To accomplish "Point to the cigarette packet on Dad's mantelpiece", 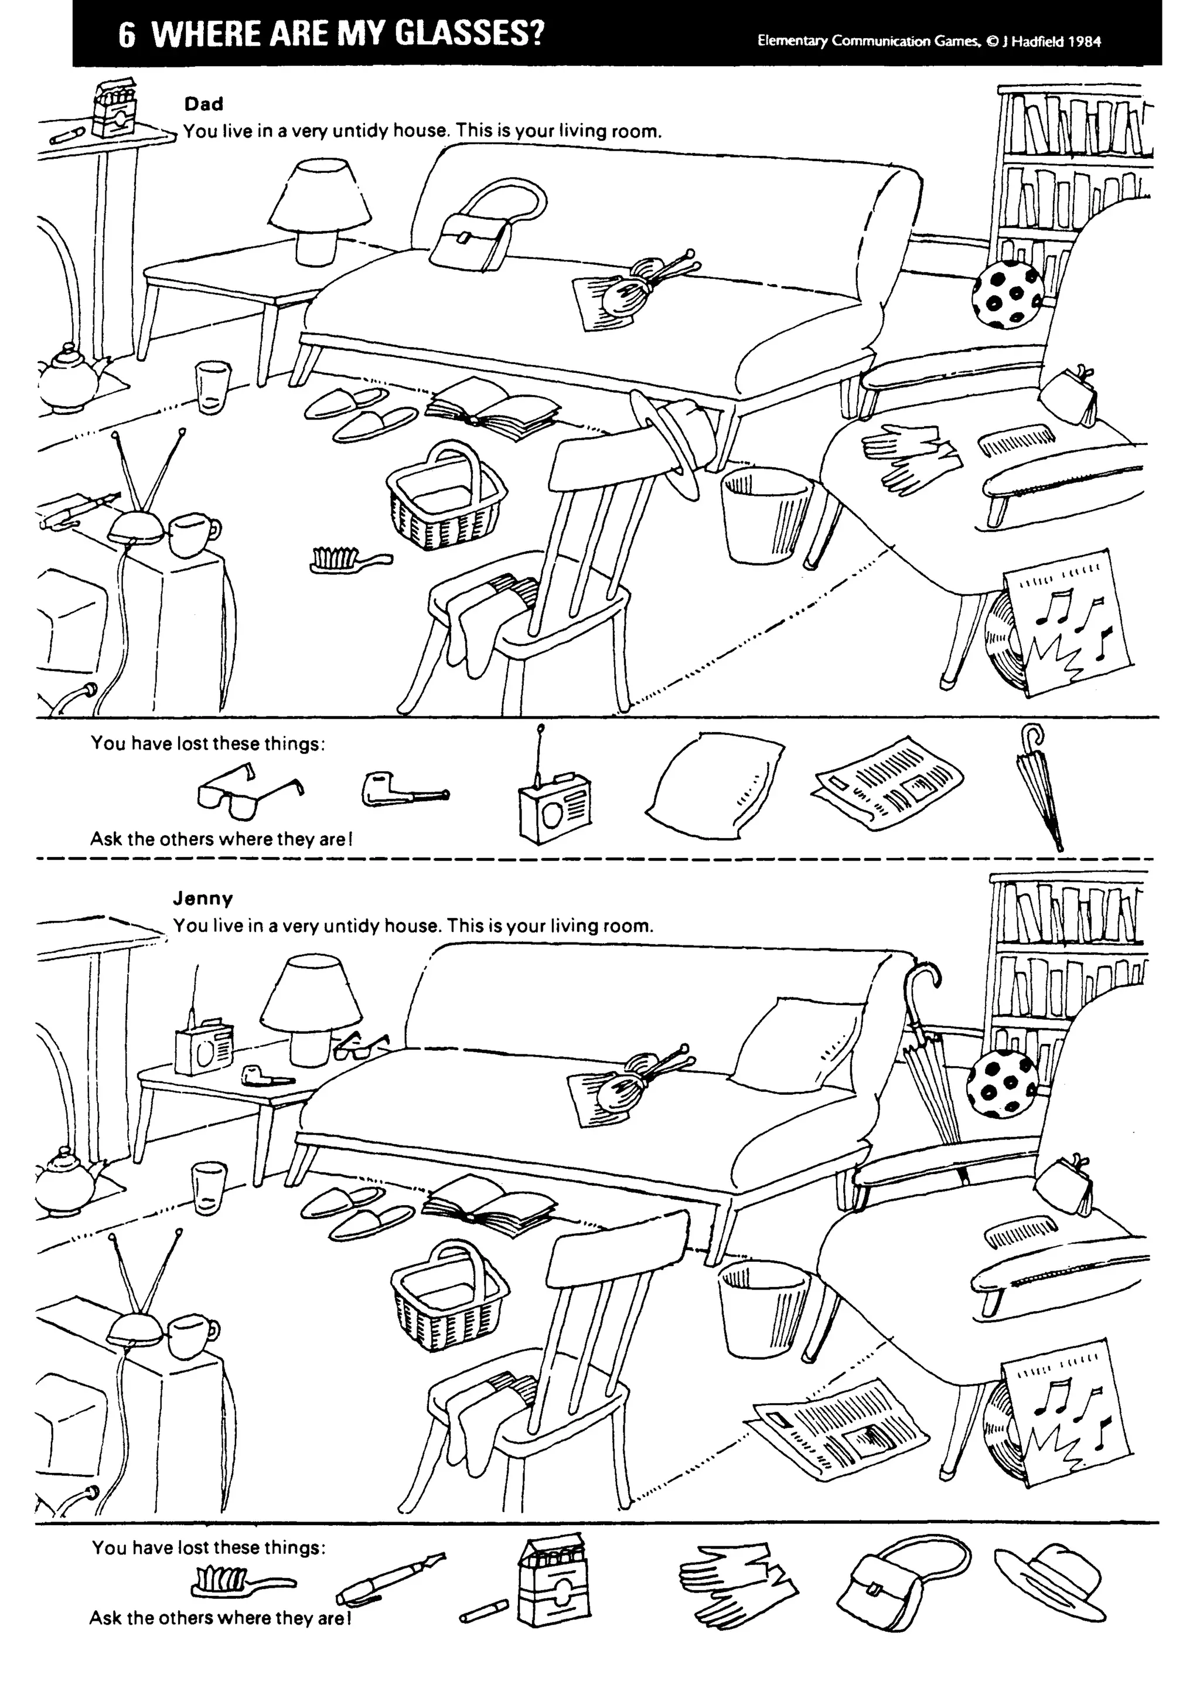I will click(x=115, y=110).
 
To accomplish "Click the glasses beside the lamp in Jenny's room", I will click(x=360, y=1044).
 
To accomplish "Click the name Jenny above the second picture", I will click(x=203, y=899).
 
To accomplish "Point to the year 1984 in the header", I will click(x=1085, y=42).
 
